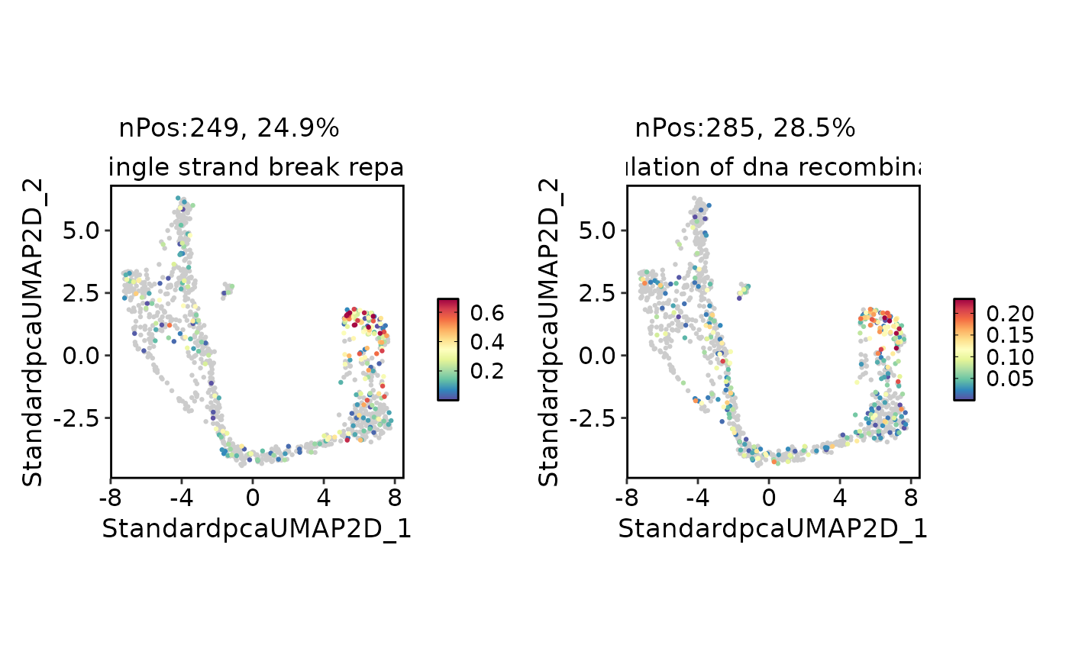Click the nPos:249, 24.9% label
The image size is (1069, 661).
228,129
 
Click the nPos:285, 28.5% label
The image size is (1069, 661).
744,129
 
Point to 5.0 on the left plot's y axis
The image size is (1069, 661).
82,231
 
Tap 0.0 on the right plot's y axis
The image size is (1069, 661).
598,356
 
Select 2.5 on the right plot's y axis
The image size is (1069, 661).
598,293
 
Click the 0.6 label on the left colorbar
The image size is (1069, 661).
486,313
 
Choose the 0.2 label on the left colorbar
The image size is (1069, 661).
486,371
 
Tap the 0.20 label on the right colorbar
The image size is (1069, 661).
1009,313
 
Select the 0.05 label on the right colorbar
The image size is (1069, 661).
1009,379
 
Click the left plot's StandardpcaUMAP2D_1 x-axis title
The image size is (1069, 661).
257,529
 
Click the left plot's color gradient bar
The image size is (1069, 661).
448,349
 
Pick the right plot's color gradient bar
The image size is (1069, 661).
964,349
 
